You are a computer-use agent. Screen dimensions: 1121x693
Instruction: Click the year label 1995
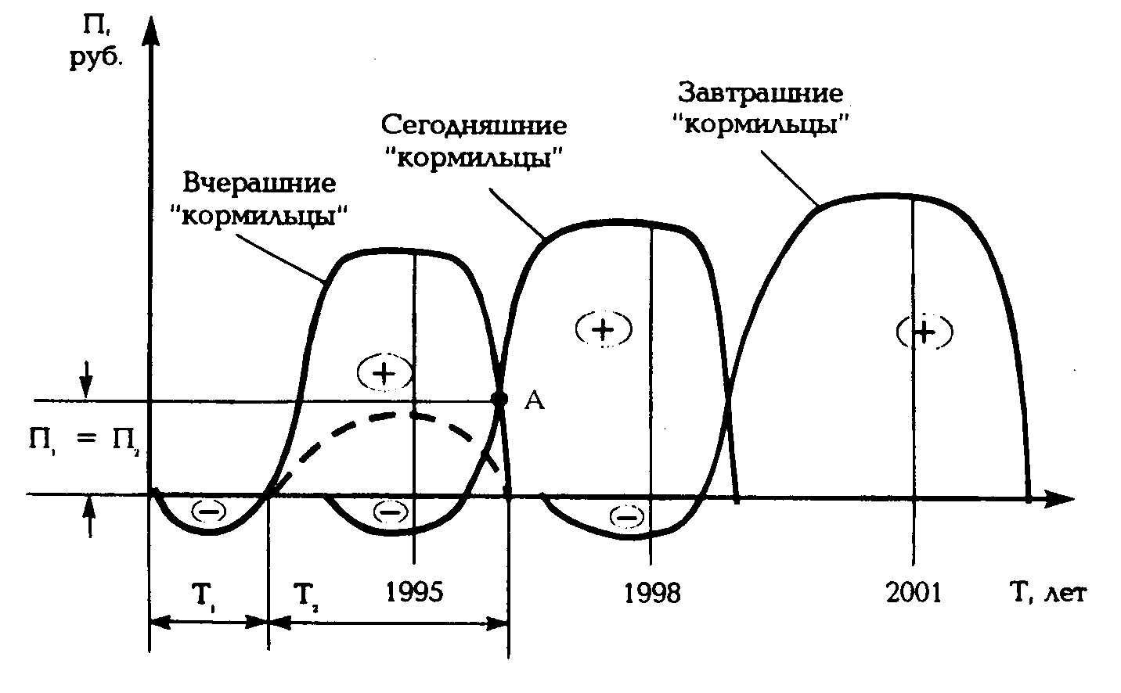(414, 592)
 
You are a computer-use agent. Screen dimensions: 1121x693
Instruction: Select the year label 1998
(652, 594)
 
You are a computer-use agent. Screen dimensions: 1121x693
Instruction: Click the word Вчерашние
(260, 183)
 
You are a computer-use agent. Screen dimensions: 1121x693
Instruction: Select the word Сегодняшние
(474, 125)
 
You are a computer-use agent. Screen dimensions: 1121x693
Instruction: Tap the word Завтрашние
(760, 94)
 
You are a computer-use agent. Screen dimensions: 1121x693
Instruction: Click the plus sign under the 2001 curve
(925, 332)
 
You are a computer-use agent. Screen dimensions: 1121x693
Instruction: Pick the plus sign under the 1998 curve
(603, 329)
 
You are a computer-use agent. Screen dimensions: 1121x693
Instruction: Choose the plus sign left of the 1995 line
(384, 373)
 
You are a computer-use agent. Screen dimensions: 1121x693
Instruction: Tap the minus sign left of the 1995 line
(389, 512)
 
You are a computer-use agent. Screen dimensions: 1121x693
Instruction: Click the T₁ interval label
(207, 595)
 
